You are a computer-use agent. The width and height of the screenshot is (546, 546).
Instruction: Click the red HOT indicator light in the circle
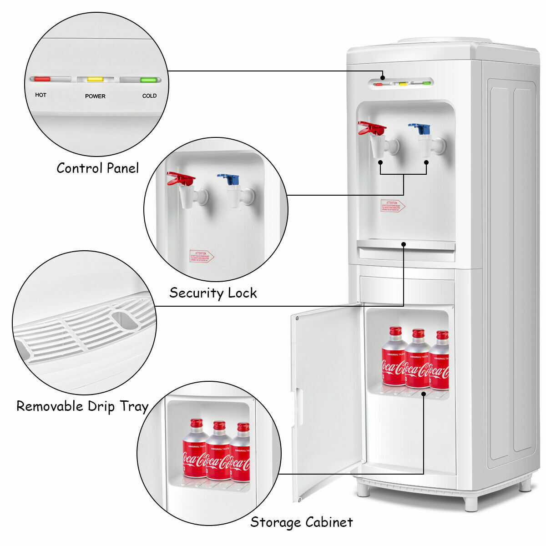pos(42,79)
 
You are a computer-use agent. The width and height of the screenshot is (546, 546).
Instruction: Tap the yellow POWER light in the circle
pos(95,79)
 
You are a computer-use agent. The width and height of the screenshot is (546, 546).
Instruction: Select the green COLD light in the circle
pos(148,80)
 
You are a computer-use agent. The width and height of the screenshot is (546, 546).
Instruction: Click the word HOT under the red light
pos(40,95)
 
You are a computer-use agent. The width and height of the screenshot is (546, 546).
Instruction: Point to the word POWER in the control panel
pos(95,96)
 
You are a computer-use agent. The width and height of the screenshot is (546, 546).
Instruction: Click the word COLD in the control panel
pos(149,96)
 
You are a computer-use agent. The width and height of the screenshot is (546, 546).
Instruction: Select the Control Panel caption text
pos(97,168)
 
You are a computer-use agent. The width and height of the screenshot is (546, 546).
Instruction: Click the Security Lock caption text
pos(213,293)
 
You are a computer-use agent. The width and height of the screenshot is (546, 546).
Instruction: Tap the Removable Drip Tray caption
pos(82,406)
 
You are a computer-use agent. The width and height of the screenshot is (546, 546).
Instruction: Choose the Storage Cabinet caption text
pos(301,522)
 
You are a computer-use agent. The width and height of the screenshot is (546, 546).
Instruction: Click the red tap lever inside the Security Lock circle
pos(180,178)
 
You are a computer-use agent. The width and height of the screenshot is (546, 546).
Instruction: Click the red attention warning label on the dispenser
pos(392,206)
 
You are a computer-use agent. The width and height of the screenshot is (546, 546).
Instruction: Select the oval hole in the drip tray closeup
pos(125,320)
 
